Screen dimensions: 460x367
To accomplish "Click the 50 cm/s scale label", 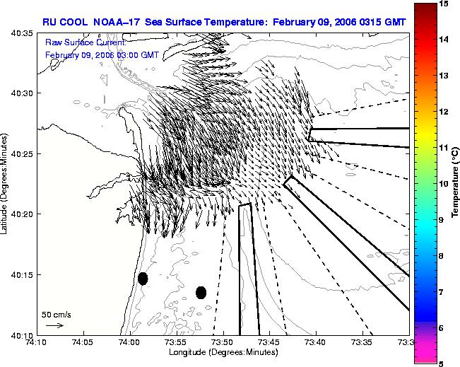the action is click(x=57, y=315).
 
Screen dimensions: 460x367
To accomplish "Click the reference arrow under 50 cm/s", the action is click(x=55, y=325).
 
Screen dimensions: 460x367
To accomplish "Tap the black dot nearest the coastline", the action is click(x=143, y=279).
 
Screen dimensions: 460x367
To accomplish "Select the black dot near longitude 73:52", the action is click(x=201, y=293).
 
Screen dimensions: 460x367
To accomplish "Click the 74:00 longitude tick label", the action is click(x=131, y=342).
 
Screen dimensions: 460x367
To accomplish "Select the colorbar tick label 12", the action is click(x=444, y=112).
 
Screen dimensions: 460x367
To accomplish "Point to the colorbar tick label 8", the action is click(x=441, y=256).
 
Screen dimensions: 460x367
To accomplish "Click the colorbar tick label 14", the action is click(x=444, y=39).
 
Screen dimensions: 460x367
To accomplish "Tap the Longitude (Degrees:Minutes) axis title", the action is click(x=223, y=352).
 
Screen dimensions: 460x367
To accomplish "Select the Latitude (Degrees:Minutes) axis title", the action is click(x=4, y=184).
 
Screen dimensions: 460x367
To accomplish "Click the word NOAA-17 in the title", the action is click(x=116, y=22).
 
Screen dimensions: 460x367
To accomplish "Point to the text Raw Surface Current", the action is click(x=85, y=42).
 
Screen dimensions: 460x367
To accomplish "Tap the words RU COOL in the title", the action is click(x=65, y=22).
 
